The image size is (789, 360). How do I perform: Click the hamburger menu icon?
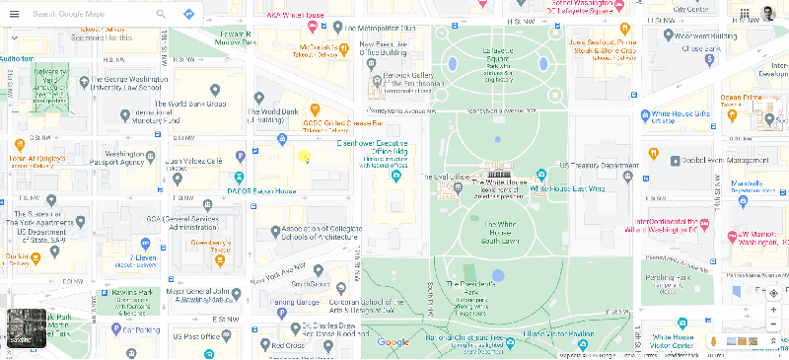[14, 15]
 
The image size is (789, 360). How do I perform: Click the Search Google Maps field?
[89, 15]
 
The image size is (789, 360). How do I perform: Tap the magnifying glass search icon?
[161, 15]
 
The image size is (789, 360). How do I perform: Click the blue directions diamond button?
[187, 15]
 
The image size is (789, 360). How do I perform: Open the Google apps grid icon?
[741, 14]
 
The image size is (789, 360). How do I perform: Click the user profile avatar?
[768, 14]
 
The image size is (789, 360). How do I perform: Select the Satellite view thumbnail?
[24, 328]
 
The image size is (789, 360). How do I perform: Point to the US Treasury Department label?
[599, 166]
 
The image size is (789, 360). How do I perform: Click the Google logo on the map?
[393, 342]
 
